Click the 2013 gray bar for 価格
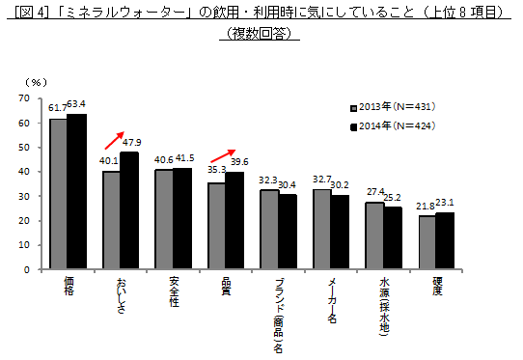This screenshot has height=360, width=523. pos(58,193)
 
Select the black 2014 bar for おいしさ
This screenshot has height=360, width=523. pos(128,210)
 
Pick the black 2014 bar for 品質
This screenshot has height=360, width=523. pos(234,221)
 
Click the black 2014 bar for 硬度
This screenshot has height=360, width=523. pos(445,241)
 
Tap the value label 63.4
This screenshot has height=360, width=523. pos(76,104)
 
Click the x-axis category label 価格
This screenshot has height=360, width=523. pos(68,287)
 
